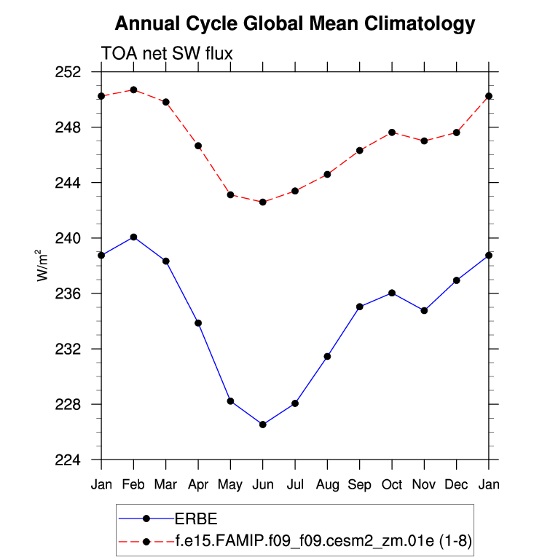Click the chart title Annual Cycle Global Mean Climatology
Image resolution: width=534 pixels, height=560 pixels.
pyautogui.click(x=295, y=24)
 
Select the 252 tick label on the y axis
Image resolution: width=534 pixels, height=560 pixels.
pyautogui.click(x=77, y=72)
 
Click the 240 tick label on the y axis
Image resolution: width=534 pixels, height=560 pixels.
pyautogui.click(x=77, y=238)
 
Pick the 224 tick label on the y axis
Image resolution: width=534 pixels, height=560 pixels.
pyautogui.click(x=77, y=460)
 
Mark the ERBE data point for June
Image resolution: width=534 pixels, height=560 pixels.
pyautogui.click(x=262, y=425)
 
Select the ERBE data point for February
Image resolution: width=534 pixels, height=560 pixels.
pyautogui.click(x=133, y=237)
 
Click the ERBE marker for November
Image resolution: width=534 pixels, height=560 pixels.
pyautogui.click(x=425, y=310)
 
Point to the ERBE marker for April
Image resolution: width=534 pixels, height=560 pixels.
pyautogui.click(x=197, y=323)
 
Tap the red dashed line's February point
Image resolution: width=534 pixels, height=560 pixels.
pyautogui.click(x=133, y=90)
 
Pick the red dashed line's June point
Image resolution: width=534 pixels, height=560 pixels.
pyautogui.click(x=262, y=202)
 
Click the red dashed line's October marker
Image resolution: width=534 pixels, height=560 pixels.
pyautogui.click(x=392, y=132)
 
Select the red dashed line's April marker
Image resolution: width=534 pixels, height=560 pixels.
pyautogui.click(x=197, y=146)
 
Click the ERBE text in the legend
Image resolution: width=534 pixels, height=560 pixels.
pyautogui.click(x=196, y=518)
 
